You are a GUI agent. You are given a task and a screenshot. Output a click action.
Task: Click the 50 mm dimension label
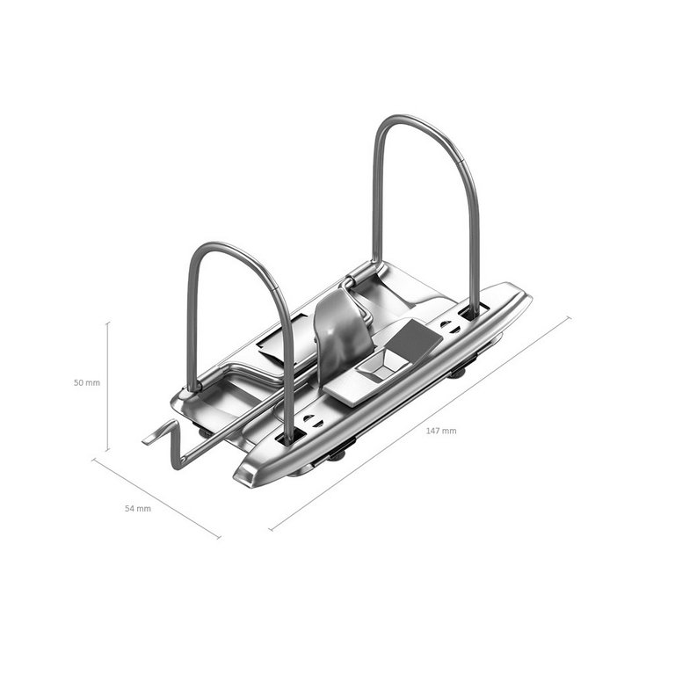[87, 382]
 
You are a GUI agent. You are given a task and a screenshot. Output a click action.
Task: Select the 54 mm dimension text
[138, 508]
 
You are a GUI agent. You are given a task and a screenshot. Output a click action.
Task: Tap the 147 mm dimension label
[441, 431]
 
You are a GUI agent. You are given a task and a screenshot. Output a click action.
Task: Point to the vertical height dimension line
[107, 386]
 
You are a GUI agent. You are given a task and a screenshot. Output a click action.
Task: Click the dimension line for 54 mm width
[156, 498]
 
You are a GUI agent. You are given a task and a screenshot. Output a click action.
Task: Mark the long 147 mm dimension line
[420, 424]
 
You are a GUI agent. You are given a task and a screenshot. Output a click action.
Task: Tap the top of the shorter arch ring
[224, 244]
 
